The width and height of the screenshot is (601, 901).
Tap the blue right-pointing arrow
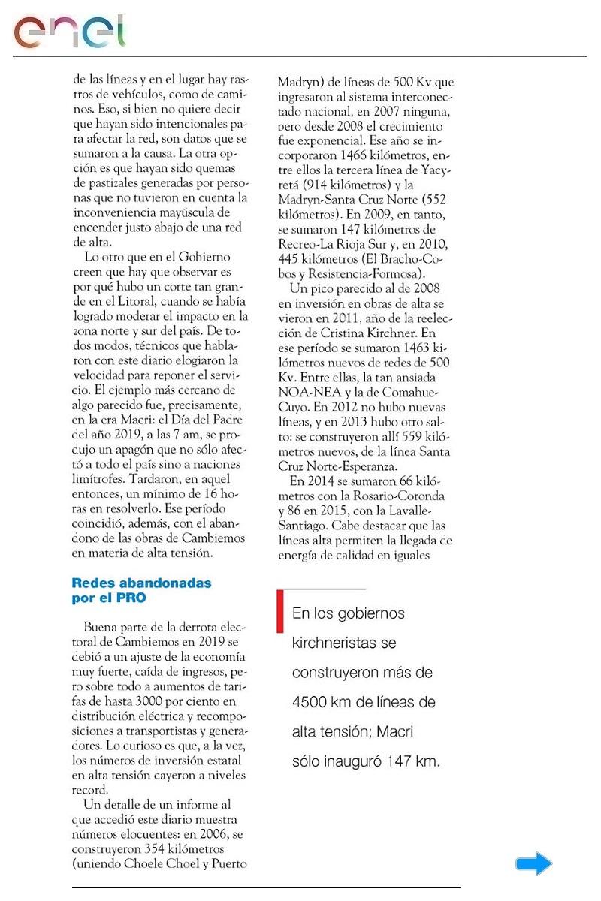point(534,864)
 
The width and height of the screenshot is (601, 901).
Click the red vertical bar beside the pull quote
point(280,611)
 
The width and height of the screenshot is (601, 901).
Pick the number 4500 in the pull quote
point(312,702)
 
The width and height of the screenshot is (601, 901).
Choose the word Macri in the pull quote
point(394,731)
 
